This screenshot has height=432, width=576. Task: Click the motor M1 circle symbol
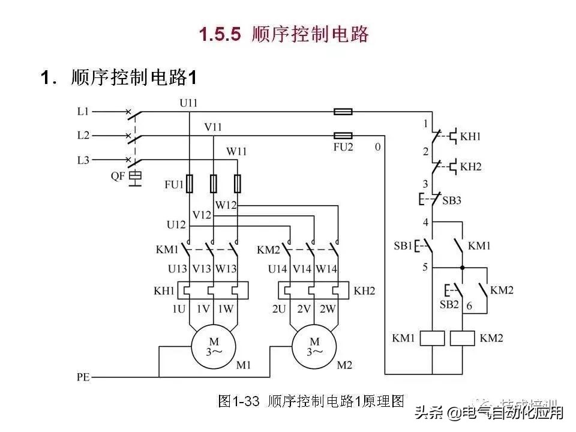(214, 346)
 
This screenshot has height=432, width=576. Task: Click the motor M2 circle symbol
(314, 346)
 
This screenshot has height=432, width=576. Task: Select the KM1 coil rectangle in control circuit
(433, 338)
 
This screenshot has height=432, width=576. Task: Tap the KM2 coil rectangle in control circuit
(463, 338)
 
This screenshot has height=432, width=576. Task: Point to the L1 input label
(83, 111)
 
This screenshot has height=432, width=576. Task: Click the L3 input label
(83, 160)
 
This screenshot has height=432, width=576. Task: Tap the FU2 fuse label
(343, 147)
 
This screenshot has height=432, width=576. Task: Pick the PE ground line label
(83, 377)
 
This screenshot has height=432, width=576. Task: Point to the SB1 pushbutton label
(403, 246)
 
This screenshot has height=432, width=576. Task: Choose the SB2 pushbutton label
(449, 305)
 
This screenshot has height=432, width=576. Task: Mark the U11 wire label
(188, 103)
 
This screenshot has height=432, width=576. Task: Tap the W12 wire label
(226, 205)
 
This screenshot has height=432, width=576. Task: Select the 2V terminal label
(303, 310)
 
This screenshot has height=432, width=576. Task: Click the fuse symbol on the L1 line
(343, 111)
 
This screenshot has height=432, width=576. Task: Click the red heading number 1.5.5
(220, 34)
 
